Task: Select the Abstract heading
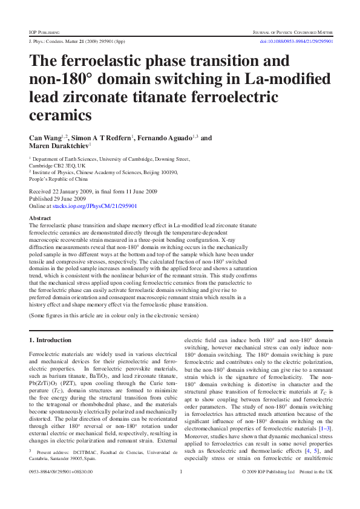[x=40, y=218]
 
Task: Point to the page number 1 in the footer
[x=181, y=488]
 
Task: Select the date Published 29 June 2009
[x=57, y=198]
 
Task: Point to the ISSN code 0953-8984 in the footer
[x=42, y=488]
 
